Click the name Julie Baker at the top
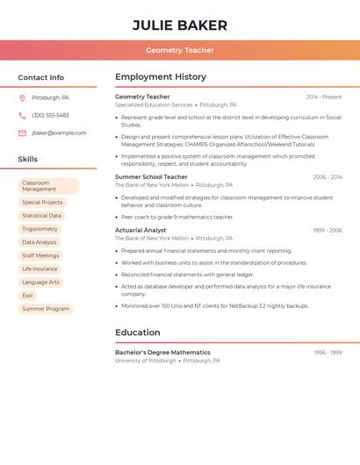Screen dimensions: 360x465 [180, 25]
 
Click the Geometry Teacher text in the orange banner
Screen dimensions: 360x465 [180, 50]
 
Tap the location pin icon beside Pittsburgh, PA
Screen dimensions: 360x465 [22, 97]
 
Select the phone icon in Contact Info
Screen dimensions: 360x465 [22, 115]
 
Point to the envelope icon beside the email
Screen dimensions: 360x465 [22, 132]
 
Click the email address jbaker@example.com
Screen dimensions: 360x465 [59, 132]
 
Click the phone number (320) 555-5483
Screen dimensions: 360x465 [50, 115]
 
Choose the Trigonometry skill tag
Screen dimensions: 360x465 [40, 229]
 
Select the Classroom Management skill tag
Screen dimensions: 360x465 [48, 186]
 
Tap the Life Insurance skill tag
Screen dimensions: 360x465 [40, 268]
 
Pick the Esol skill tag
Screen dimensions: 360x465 [27, 296]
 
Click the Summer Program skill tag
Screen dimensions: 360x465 [46, 309]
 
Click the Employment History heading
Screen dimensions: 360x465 [161, 77]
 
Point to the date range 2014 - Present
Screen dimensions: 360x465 [324, 97]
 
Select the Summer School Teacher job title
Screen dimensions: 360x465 [151, 177]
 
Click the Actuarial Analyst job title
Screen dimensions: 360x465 [140, 230]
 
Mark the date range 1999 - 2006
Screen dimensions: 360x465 [328, 230]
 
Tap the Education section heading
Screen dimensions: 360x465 [138, 333]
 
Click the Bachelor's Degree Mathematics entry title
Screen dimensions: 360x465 [162, 352]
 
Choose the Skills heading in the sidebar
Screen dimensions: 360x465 [28, 159]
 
